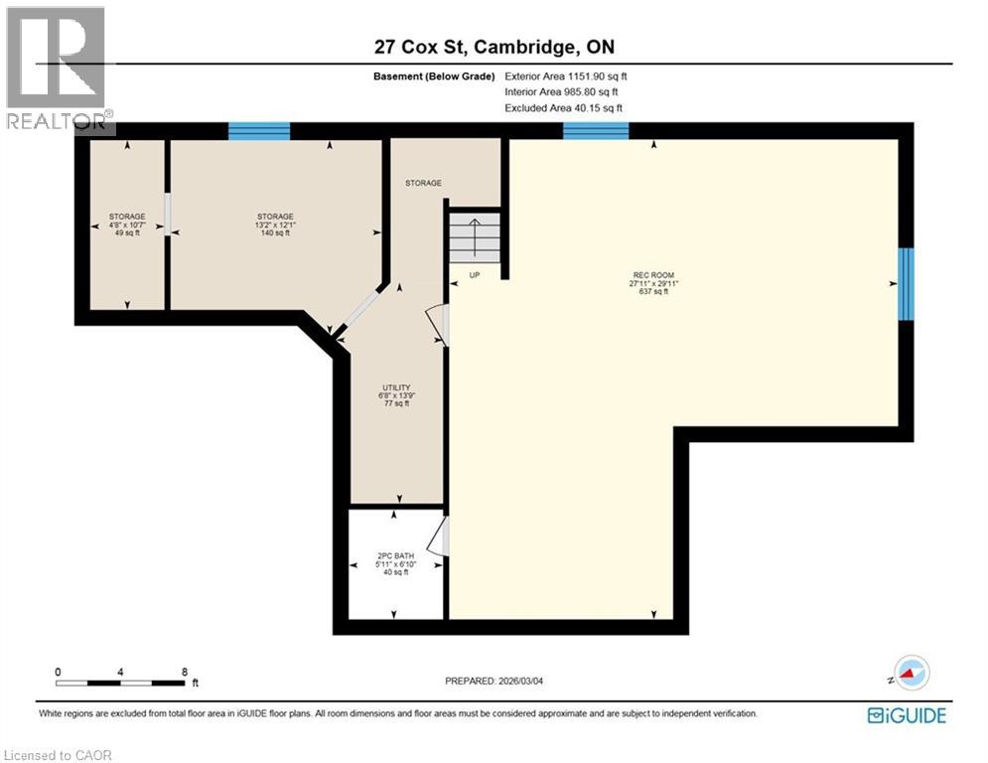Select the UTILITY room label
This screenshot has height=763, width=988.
coord(397,395)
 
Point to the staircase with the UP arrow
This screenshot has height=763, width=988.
coord(474,237)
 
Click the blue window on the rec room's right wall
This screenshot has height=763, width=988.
coord(906,284)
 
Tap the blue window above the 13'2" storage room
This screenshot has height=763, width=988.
coord(259,130)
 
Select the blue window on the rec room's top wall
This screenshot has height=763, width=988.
coord(596,130)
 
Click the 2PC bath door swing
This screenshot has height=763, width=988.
coord(437,536)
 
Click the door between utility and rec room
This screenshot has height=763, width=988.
coord(437,325)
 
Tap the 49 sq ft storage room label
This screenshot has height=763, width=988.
coord(127,225)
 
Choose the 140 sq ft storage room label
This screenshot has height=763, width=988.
coord(275,225)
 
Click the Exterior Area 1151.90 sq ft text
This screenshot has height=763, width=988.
coord(566,76)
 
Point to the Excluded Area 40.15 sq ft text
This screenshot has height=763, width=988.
coord(564,108)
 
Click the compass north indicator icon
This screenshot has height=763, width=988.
coord(911,673)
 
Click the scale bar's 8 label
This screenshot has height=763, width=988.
coord(184,672)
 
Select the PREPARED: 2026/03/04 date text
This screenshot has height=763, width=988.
coord(494,681)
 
